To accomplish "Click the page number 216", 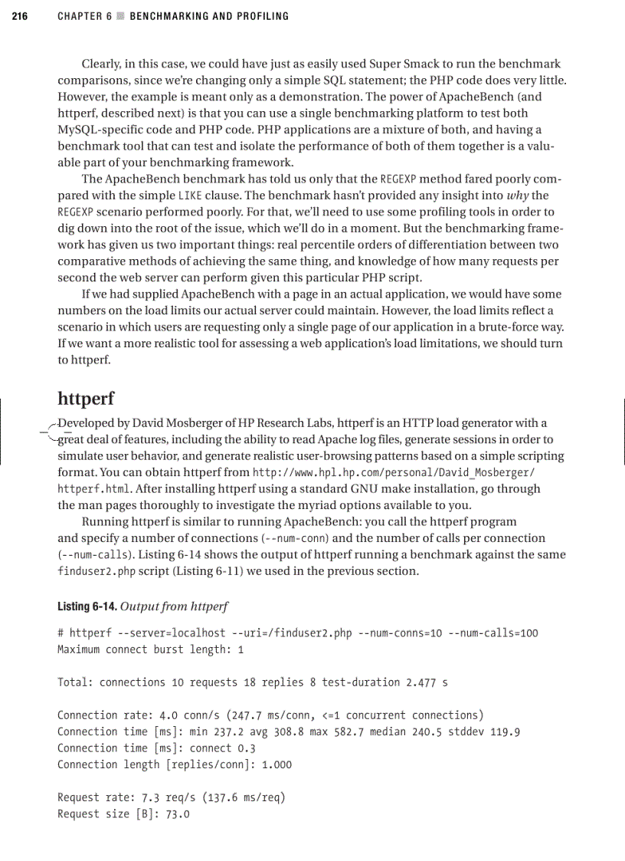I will [x=20, y=16].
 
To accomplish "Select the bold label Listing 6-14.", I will [x=87, y=606].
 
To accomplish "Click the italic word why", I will [x=518, y=196].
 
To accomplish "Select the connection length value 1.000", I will [x=276, y=764].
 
